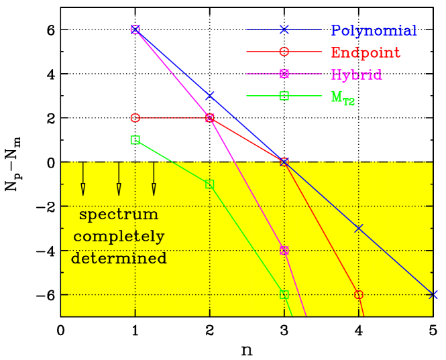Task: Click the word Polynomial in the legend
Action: pos(373,31)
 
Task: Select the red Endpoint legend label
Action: pos(365,53)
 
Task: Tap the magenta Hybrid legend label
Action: pos(356,74)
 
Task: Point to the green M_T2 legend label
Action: pos(343,97)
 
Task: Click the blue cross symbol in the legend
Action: pos(284,29)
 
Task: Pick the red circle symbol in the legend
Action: pos(284,52)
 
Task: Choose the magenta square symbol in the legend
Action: pos(284,74)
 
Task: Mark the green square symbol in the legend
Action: pos(284,96)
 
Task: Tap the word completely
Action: pos(119,237)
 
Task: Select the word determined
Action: pos(119,259)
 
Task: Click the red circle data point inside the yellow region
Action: pos(358,294)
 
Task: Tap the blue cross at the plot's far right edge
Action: pos(433,294)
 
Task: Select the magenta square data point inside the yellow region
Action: pos(284,250)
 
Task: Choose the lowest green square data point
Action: pos(284,294)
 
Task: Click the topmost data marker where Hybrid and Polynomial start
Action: pos(135,29)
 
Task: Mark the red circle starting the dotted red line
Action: pos(135,118)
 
